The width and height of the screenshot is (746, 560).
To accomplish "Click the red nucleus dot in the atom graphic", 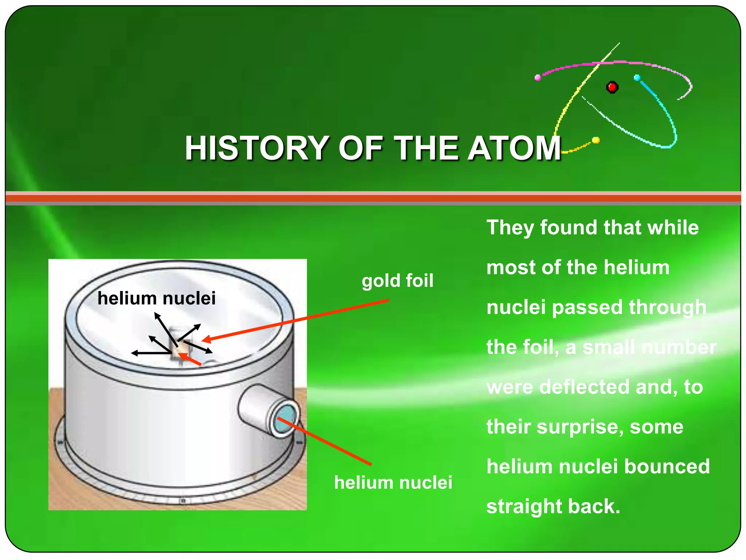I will [612, 87].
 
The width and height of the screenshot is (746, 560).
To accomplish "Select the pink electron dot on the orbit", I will [538, 77].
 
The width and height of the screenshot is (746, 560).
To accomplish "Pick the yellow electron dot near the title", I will [596, 140].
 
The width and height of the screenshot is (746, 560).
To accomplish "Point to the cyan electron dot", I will [637, 78].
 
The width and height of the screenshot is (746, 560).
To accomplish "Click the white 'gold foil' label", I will [397, 281].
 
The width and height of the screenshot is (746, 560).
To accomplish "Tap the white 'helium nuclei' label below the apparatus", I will [393, 482].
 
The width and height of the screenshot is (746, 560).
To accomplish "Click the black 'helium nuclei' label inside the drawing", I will [157, 298].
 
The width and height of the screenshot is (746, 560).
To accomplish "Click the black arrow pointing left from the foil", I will [149, 353].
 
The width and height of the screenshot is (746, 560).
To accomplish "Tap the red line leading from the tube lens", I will [324, 441].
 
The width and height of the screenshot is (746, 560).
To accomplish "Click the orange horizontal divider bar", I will [373, 198].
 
